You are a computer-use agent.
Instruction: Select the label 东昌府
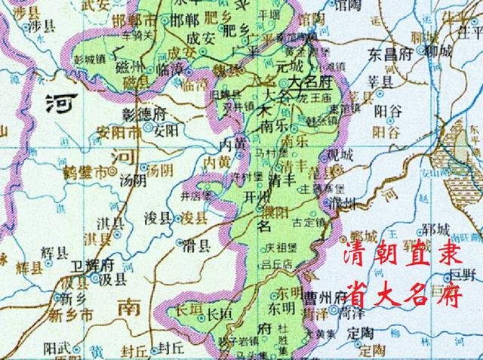(389, 55)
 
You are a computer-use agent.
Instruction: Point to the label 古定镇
(308, 222)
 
